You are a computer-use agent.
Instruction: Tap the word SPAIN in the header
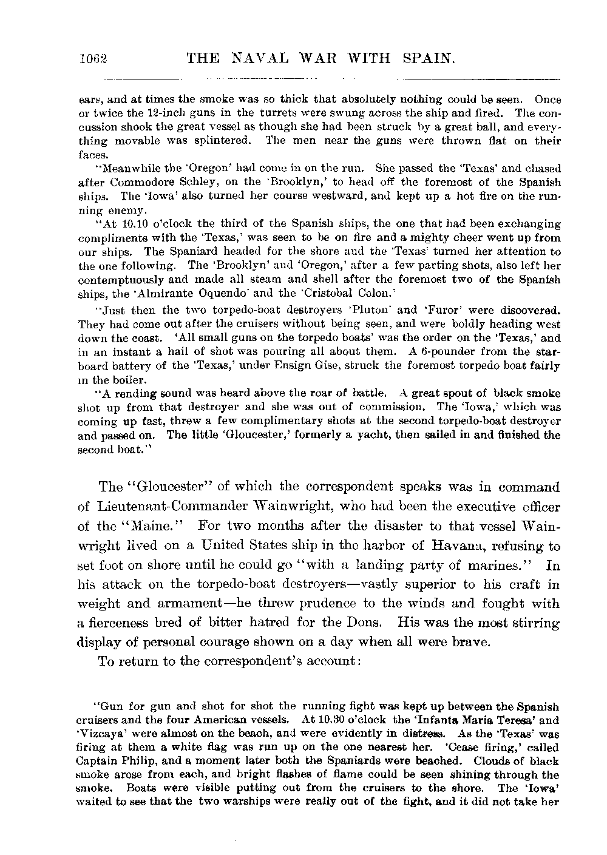point(429,58)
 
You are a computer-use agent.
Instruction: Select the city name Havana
point(451,546)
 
